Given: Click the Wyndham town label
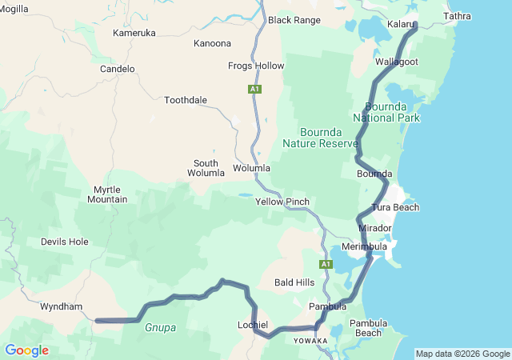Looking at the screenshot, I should [x=61, y=306].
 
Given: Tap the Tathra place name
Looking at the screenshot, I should [x=457, y=16].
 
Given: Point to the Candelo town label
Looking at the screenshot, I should [x=118, y=69].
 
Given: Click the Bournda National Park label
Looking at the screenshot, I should [x=392, y=112].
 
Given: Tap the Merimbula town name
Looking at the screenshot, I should [x=364, y=246].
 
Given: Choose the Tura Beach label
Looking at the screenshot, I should [x=395, y=207].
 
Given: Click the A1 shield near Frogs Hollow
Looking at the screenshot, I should [x=254, y=89].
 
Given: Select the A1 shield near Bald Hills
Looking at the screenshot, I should [x=326, y=264].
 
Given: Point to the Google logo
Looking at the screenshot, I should [x=26, y=350].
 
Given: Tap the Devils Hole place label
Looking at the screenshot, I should [x=65, y=241].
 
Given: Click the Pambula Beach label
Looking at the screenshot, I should [x=369, y=328].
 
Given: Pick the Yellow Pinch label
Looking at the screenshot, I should [x=282, y=202].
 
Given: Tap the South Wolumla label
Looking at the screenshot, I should [x=206, y=168].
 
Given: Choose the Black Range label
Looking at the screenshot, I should [x=294, y=20].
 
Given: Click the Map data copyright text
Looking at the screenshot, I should [x=462, y=354].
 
